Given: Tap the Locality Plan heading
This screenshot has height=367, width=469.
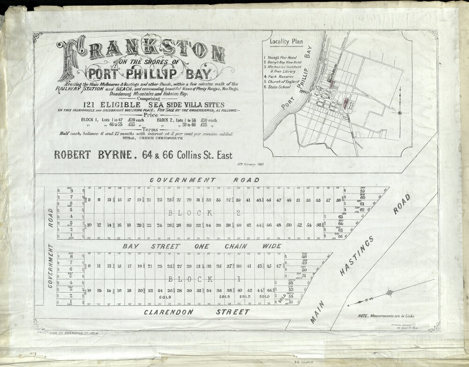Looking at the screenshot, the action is [286, 41].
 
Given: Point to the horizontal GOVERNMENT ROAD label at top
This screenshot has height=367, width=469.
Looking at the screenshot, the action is [204, 180].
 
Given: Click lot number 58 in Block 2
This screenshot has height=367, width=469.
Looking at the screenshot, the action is [338, 201].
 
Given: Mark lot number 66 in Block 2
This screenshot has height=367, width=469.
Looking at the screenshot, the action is [340, 236].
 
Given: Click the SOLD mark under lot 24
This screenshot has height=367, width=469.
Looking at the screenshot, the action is [164, 297].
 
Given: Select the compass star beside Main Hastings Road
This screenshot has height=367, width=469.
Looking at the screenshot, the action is [389, 293].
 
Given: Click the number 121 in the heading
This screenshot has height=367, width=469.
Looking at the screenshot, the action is [90, 104].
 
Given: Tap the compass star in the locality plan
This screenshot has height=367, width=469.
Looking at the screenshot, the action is [400, 113].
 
